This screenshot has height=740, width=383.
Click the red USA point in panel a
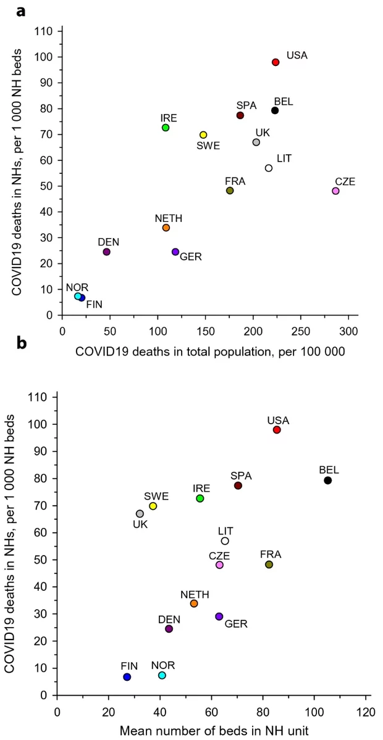pyautogui.click(x=276, y=62)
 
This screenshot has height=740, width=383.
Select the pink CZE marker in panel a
pyautogui.click(x=335, y=191)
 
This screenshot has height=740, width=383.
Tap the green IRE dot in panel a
pyautogui.click(x=166, y=128)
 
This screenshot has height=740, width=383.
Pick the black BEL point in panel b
pyautogui.click(x=328, y=480)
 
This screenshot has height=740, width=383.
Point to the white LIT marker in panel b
pyautogui.click(x=225, y=541)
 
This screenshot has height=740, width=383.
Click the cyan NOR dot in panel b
pyautogui.click(x=162, y=675)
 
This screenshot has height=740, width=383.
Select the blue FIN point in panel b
pyautogui.click(x=127, y=676)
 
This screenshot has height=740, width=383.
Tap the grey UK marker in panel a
pyautogui.click(x=256, y=142)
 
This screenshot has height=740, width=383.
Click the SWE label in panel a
pyautogui.click(x=208, y=146)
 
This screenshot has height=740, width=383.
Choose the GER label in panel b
pyautogui.click(x=236, y=624)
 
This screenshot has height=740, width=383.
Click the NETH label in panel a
pyautogui.click(x=169, y=218)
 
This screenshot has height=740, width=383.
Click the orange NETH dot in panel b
pyautogui.click(x=194, y=603)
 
